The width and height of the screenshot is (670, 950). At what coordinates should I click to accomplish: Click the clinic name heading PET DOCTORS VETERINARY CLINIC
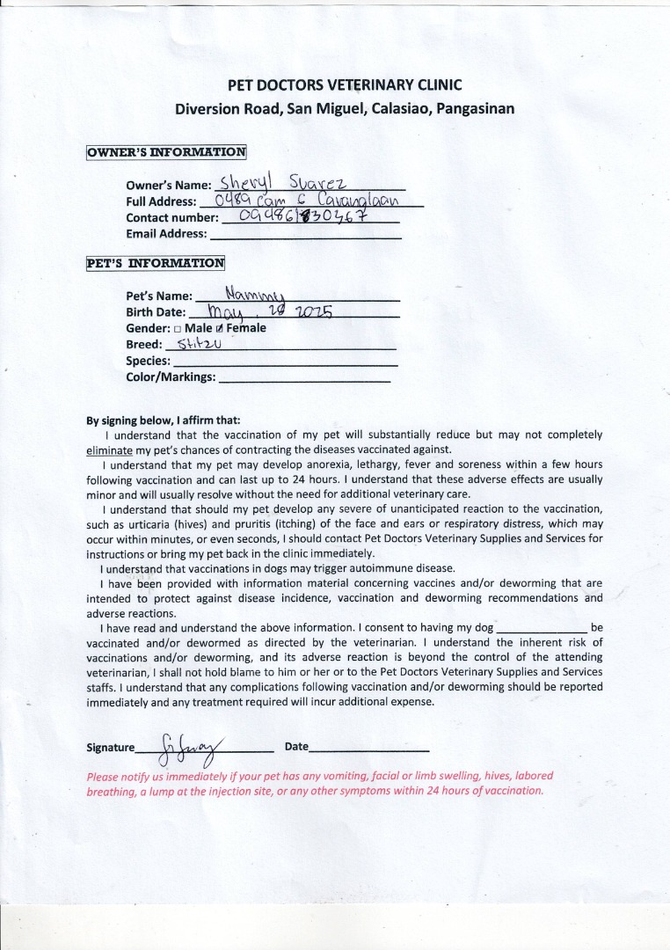point(345,85)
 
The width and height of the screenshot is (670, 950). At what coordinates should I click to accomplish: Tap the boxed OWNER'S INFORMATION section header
point(165,152)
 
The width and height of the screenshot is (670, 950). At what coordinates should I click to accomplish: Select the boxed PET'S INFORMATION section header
point(155,263)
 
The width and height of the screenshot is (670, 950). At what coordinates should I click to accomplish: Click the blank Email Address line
point(305,235)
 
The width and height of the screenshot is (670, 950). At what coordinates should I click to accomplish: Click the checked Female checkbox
point(219,329)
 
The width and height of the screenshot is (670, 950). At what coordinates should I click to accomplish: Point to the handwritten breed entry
point(197,344)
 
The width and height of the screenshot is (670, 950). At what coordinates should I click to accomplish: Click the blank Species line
point(286,362)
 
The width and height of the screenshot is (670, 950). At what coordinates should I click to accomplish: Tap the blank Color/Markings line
point(303,378)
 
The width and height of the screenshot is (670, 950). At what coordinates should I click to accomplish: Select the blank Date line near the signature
point(369,748)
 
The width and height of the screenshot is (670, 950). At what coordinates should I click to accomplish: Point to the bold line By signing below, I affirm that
point(163,420)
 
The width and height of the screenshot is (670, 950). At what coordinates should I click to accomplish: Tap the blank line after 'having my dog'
point(542,629)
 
